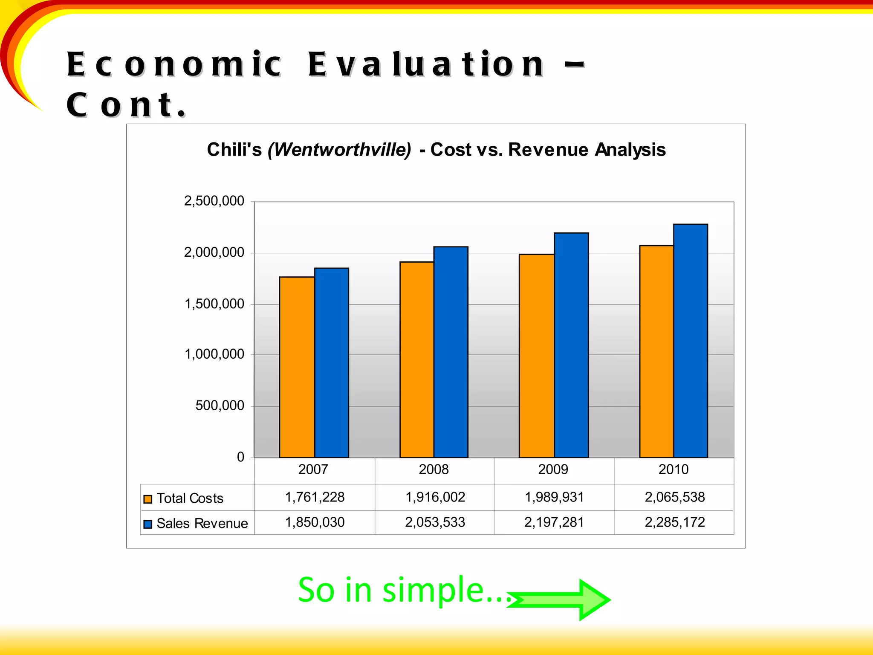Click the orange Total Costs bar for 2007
point(297,367)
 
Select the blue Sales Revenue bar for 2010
point(691,341)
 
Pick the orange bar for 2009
point(536,356)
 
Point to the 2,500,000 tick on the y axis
point(214,201)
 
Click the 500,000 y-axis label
point(220,406)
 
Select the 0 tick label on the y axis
point(240,457)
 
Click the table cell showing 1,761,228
point(315,497)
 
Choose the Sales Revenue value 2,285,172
point(674,522)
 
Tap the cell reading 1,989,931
point(554,497)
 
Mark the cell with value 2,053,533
point(435,522)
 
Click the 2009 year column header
point(553,470)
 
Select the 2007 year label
point(313,470)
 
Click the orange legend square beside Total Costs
point(148,499)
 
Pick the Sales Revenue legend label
point(202,524)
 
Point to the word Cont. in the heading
point(126,105)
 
